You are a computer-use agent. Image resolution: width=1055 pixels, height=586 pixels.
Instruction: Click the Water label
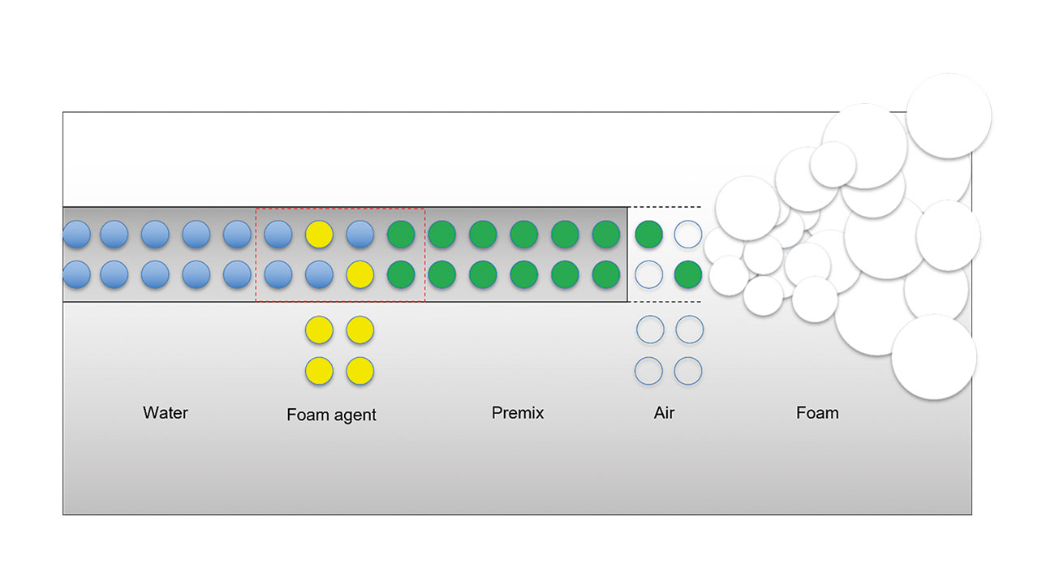[166, 412]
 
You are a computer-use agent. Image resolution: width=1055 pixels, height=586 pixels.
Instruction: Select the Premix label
[518, 412]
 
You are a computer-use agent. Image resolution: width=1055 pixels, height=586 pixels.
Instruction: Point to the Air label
[664, 412]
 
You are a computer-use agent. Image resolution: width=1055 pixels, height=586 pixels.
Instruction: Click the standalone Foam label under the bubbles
[817, 412]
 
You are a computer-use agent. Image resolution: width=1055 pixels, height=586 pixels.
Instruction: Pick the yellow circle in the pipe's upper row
[319, 234]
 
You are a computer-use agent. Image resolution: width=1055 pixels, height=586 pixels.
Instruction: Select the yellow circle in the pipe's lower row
[360, 274]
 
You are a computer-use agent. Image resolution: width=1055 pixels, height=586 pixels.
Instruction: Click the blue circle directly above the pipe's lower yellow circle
[360, 234]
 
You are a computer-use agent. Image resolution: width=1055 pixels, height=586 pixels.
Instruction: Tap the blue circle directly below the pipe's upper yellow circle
[319, 274]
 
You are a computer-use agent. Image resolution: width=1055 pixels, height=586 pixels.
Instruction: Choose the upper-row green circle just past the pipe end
[649, 234]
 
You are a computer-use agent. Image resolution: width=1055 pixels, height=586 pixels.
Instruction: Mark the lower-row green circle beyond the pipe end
[688, 274]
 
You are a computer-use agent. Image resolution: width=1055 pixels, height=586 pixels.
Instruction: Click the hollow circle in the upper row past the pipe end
[688, 234]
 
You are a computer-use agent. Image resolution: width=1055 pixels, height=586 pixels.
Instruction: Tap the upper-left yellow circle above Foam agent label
[319, 330]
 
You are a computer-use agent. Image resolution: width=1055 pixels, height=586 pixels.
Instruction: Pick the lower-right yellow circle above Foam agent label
[360, 371]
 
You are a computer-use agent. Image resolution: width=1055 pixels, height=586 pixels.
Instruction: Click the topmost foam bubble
[949, 116]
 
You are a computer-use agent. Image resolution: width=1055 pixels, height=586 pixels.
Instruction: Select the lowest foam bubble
[934, 357]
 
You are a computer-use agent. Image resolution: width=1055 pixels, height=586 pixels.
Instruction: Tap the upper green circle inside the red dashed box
[401, 234]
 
